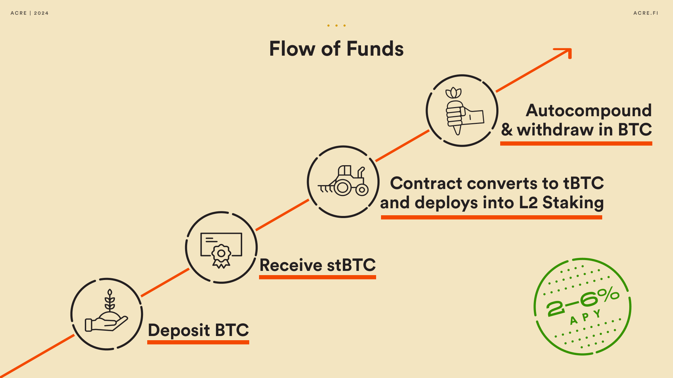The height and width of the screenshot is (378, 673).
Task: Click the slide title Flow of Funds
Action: click(336, 49)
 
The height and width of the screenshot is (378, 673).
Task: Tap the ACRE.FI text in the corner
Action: click(646, 13)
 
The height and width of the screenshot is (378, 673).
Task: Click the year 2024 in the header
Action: click(41, 13)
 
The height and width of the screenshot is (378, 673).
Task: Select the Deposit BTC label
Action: click(198, 330)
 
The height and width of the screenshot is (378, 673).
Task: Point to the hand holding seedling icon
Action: click(107, 314)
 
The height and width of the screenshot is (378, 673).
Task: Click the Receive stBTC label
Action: click(317, 265)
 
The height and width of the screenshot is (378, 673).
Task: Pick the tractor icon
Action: click(344, 182)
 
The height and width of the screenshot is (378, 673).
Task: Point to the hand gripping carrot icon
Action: click(462, 111)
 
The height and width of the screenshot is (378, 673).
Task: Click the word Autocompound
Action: click(589, 111)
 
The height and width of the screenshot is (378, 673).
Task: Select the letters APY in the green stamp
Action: click(585, 317)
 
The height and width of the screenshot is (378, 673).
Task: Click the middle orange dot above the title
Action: click(336, 26)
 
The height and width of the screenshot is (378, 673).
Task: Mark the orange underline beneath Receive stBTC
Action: click(317, 277)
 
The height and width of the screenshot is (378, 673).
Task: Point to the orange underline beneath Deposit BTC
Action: click(198, 342)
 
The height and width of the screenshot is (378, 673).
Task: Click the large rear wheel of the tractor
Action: click(342, 188)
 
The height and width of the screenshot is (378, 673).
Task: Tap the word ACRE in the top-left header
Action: click(19, 13)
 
